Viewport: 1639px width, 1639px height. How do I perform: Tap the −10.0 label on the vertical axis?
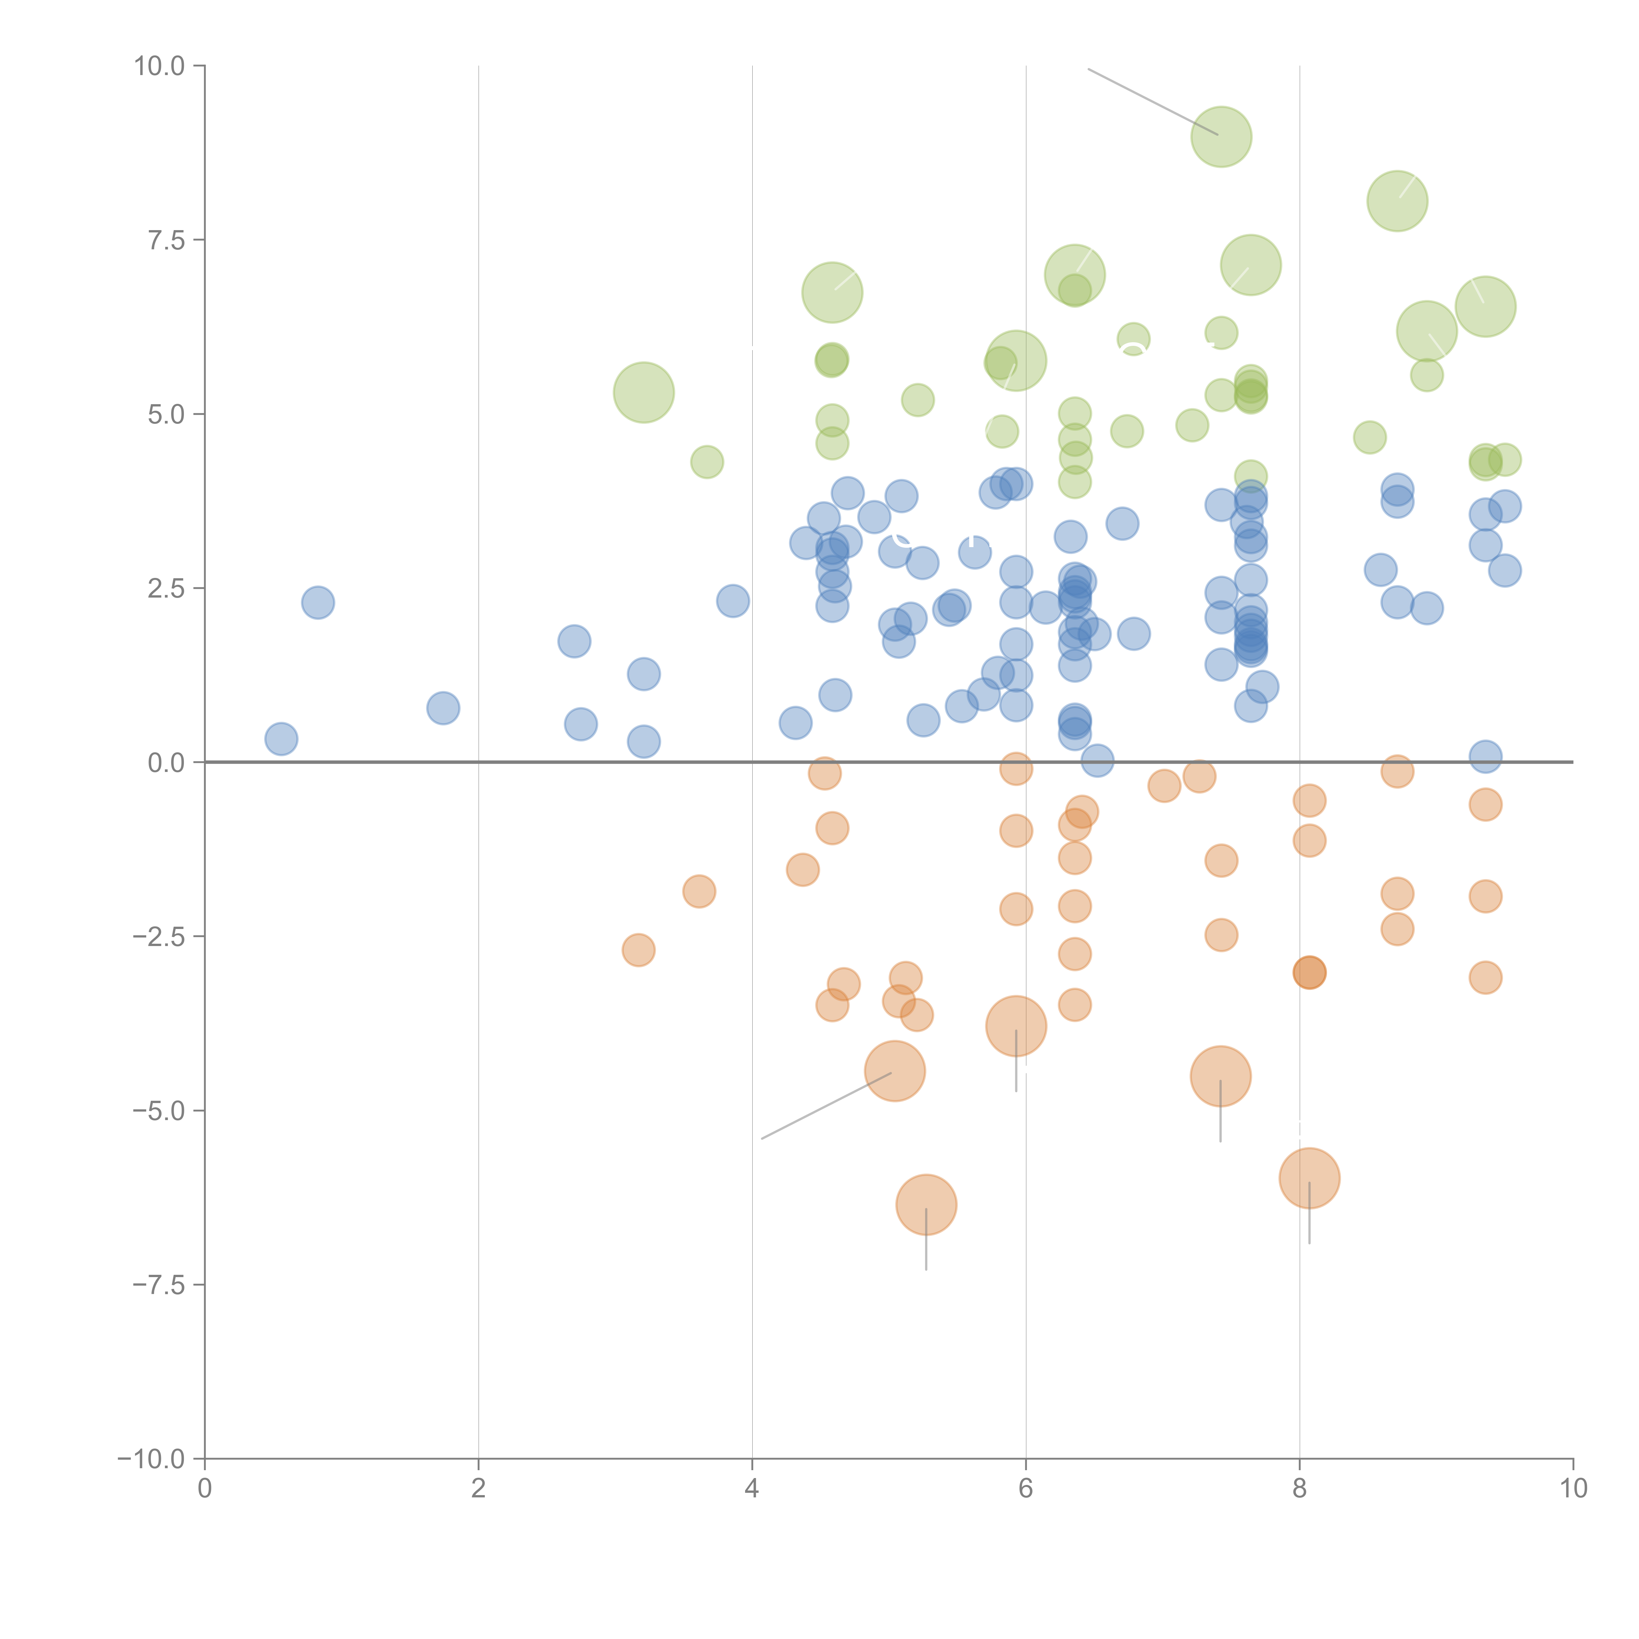(151, 1459)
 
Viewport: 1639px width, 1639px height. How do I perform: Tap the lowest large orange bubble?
(926, 1205)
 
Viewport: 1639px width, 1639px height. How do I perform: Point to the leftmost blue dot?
(281, 739)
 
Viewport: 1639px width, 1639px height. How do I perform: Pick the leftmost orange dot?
(638, 949)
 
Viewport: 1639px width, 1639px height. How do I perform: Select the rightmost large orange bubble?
(1309, 1177)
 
